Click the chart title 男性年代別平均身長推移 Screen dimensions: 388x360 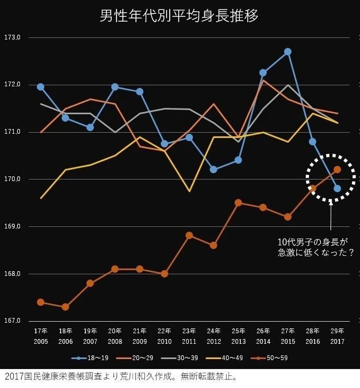[179, 16]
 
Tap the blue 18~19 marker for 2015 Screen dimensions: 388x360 [288, 52]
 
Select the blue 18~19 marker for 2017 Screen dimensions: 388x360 [337, 188]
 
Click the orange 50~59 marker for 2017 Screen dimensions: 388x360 [337, 170]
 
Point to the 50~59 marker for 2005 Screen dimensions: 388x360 [41, 302]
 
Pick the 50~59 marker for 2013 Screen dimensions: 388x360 [238, 203]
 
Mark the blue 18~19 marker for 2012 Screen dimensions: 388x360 [213, 170]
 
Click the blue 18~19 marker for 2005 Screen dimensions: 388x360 [41, 87]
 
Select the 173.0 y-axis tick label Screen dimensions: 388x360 [12, 38]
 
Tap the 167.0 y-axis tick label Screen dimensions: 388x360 [12, 321]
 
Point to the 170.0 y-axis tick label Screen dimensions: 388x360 [12, 180]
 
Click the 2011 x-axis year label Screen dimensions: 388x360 [189, 342]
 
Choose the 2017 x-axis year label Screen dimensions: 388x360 [337, 342]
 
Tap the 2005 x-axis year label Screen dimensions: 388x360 [41, 342]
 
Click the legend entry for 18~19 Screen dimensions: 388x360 [90, 359]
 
